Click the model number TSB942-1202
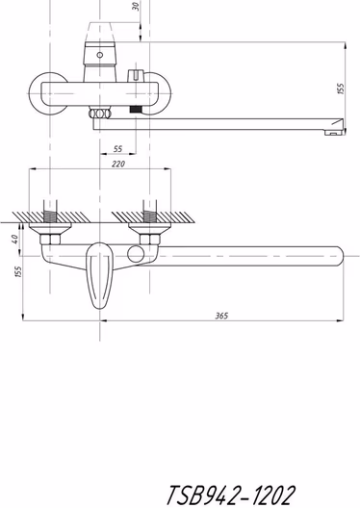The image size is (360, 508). [231, 495]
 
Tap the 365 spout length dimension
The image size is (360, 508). [222, 316]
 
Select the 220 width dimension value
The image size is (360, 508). [118, 164]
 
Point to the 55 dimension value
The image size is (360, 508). [118, 149]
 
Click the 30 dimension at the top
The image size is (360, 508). [137, 7]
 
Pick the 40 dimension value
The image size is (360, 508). [14, 240]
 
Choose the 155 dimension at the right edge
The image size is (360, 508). [340, 89]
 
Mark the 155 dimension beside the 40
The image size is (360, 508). [18, 271]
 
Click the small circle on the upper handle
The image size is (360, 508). [100, 55]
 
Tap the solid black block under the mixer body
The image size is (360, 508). [136, 109]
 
